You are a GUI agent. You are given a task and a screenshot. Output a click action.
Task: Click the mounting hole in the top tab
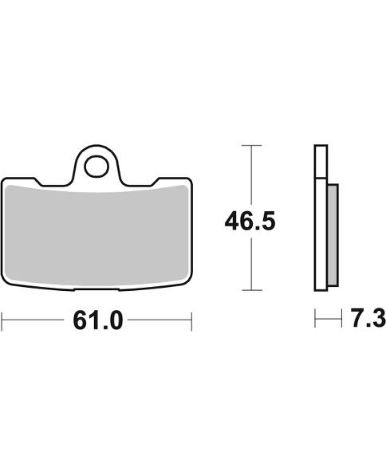click(x=97, y=167)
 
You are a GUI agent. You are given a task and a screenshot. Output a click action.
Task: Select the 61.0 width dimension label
click(x=97, y=320)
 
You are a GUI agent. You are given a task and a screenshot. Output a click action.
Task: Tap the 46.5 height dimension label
click(x=250, y=220)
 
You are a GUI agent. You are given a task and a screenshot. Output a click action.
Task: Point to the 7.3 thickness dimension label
click(x=368, y=320)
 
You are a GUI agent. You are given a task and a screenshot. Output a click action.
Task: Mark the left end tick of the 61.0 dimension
click(x=2, y=320)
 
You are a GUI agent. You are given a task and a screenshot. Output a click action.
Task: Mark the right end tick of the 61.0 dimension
click(x=192, y=320)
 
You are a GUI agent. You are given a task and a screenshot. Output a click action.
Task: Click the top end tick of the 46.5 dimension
click(x=251, y=146)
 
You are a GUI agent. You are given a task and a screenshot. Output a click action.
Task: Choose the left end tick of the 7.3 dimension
click(x=316, y=320)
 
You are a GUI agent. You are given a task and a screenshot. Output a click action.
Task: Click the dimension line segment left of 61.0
click(x=32, y=320)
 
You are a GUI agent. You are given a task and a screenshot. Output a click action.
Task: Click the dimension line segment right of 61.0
click(x=160, y=320)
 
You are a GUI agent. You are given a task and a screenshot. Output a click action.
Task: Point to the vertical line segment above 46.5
click(x=251, y=175)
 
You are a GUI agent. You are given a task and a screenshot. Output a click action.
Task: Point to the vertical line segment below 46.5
click(x=251, y=263)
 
